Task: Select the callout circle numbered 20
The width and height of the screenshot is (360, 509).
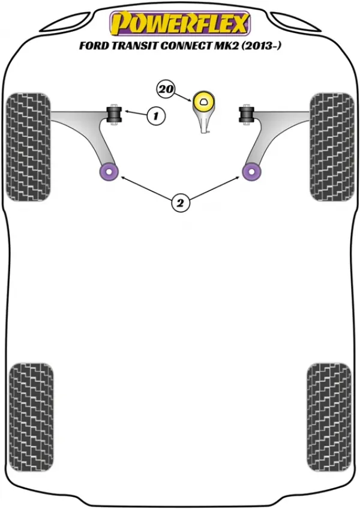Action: click(166, 89)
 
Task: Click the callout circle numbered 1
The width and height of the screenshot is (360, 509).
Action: click(156, 115)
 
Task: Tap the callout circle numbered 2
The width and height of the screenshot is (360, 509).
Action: click(180, 203)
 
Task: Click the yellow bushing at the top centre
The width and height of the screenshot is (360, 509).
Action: click(204, 101)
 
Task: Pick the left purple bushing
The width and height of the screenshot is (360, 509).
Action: click(109, 172)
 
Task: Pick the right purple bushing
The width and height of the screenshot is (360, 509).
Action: click(251, 172)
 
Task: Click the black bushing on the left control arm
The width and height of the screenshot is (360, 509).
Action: click(114, 114)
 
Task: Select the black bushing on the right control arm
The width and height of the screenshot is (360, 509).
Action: click(247, 114)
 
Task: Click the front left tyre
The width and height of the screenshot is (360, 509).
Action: click(29, 147)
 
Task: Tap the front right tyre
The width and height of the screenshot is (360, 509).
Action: click(331, 147)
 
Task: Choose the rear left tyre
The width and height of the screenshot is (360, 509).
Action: click(31, 418)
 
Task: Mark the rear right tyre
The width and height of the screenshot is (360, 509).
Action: click(329, 418)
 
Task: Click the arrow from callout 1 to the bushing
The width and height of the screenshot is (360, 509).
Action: click(136, 113)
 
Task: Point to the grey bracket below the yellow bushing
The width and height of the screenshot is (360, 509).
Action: click(204, 122)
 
